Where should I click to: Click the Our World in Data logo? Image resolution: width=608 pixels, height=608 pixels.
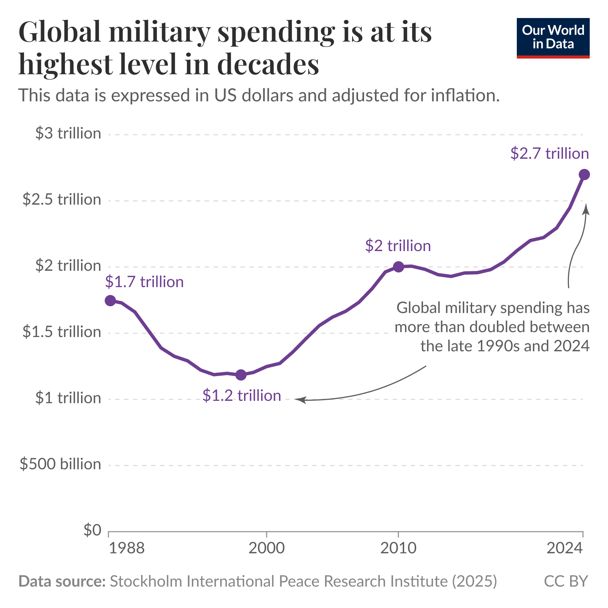point(553,38)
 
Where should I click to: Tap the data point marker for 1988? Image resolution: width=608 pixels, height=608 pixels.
point(110,300)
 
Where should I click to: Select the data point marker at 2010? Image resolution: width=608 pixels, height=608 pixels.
point(398,267)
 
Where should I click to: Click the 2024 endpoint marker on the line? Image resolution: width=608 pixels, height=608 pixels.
point(584,175)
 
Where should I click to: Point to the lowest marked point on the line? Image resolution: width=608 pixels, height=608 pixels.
point(241,375)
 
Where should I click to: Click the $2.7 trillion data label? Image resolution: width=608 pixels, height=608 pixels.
point(549,154)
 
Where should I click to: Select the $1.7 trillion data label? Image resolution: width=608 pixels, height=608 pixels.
point(144,281)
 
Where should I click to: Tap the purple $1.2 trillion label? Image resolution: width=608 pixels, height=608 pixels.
point(242,396)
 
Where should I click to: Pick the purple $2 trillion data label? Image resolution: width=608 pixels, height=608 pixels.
point(398,246)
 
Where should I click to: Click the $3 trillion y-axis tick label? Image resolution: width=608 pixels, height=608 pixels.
point(68,134)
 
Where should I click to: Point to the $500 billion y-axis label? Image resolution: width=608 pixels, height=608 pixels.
point(60,464)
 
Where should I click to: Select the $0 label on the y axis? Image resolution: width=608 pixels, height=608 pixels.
point(92,530)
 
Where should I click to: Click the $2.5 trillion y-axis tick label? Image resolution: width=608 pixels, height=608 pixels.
point(62,200)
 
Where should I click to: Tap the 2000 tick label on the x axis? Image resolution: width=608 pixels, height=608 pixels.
point(266,548)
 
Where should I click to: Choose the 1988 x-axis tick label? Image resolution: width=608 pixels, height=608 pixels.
point(126,548)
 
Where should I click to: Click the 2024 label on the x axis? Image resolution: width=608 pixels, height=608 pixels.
point(564,548)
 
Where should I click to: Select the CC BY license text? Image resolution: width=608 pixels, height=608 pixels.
point(566,581)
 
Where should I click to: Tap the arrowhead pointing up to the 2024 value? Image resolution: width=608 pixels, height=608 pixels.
point(586,208)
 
